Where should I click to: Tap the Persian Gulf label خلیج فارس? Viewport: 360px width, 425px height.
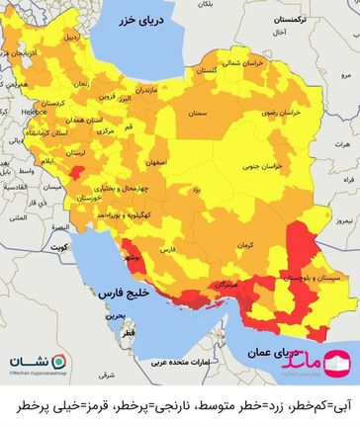click(124, 294)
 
